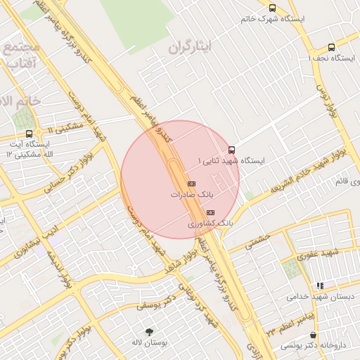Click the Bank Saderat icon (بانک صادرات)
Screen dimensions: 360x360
click(191, 184)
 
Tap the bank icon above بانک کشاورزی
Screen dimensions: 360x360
click(210, 212)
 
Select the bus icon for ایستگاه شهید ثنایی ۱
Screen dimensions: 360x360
click(232, 150)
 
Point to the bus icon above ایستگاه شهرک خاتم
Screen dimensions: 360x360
click(272, 8)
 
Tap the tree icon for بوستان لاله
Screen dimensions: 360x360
click(149, 331)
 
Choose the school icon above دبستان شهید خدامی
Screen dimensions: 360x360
click(320, 285)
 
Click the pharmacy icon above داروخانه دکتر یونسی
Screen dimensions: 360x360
click(312, 335)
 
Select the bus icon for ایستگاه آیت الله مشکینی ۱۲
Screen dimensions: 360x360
click(29, 134)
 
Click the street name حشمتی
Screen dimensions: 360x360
click(258, 241)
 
